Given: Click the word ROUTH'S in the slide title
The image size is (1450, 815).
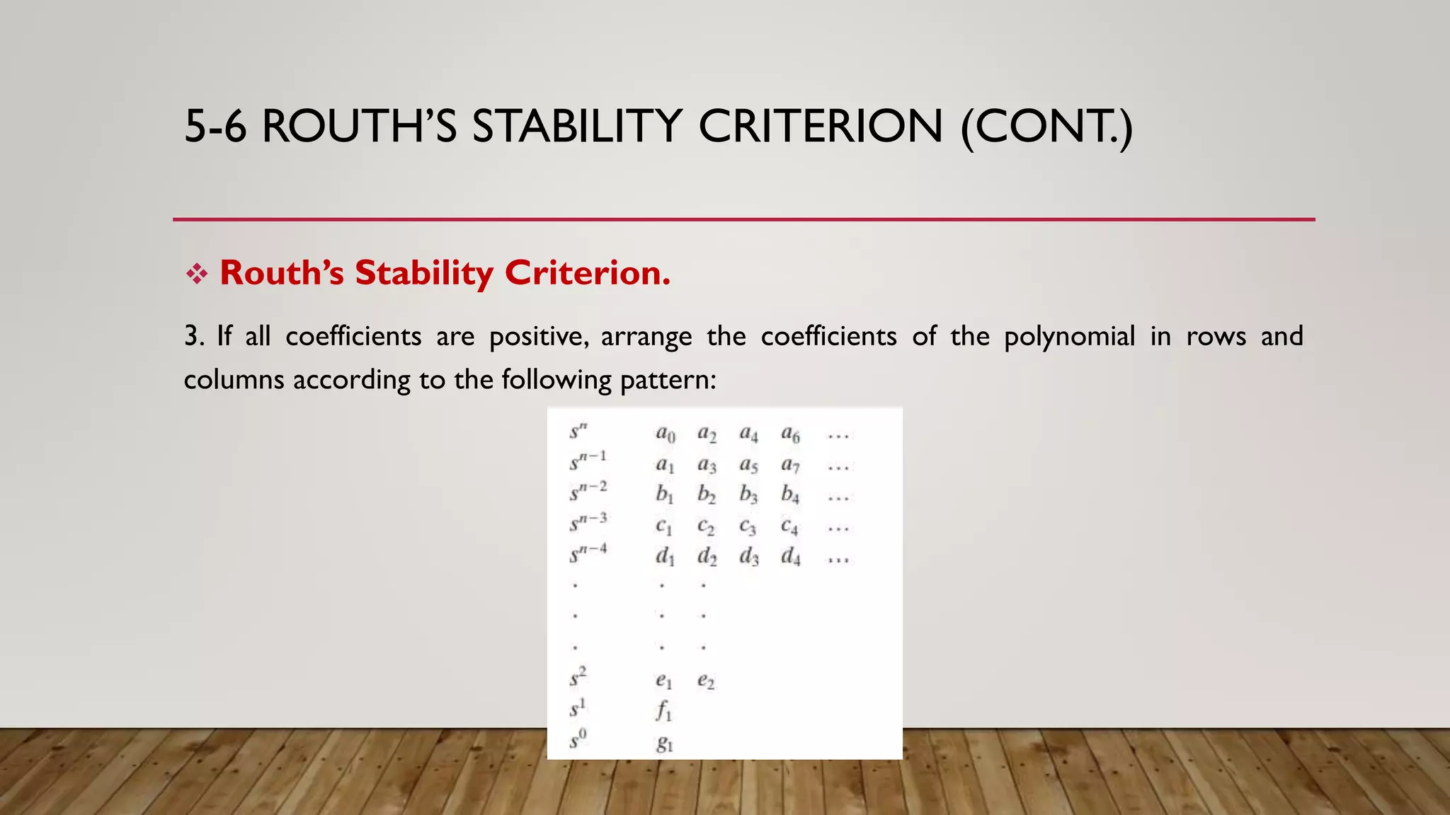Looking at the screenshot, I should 359,127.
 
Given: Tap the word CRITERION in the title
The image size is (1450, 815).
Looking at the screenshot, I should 821,127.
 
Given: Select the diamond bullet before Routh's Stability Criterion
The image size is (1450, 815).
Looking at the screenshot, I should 196,274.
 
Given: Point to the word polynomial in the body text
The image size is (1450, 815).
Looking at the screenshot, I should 1069,337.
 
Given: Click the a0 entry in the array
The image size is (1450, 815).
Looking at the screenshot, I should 665,434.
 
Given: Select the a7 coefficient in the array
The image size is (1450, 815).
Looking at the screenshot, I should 790,465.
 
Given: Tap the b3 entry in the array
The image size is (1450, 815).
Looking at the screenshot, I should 748,495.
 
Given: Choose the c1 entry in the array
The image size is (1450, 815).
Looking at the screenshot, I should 663,526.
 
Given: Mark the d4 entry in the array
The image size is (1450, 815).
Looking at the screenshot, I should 790,557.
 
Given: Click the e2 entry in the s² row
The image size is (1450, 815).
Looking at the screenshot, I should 705,681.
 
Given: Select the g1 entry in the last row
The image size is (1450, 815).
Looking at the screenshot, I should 664,743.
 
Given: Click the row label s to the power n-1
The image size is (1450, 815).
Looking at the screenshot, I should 588,461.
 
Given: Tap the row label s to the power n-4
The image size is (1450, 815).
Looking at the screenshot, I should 588,553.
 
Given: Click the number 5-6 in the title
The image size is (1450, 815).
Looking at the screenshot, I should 215,127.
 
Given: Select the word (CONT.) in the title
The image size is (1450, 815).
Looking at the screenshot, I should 1046,127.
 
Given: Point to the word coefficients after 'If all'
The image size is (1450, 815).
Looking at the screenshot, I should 353,337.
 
